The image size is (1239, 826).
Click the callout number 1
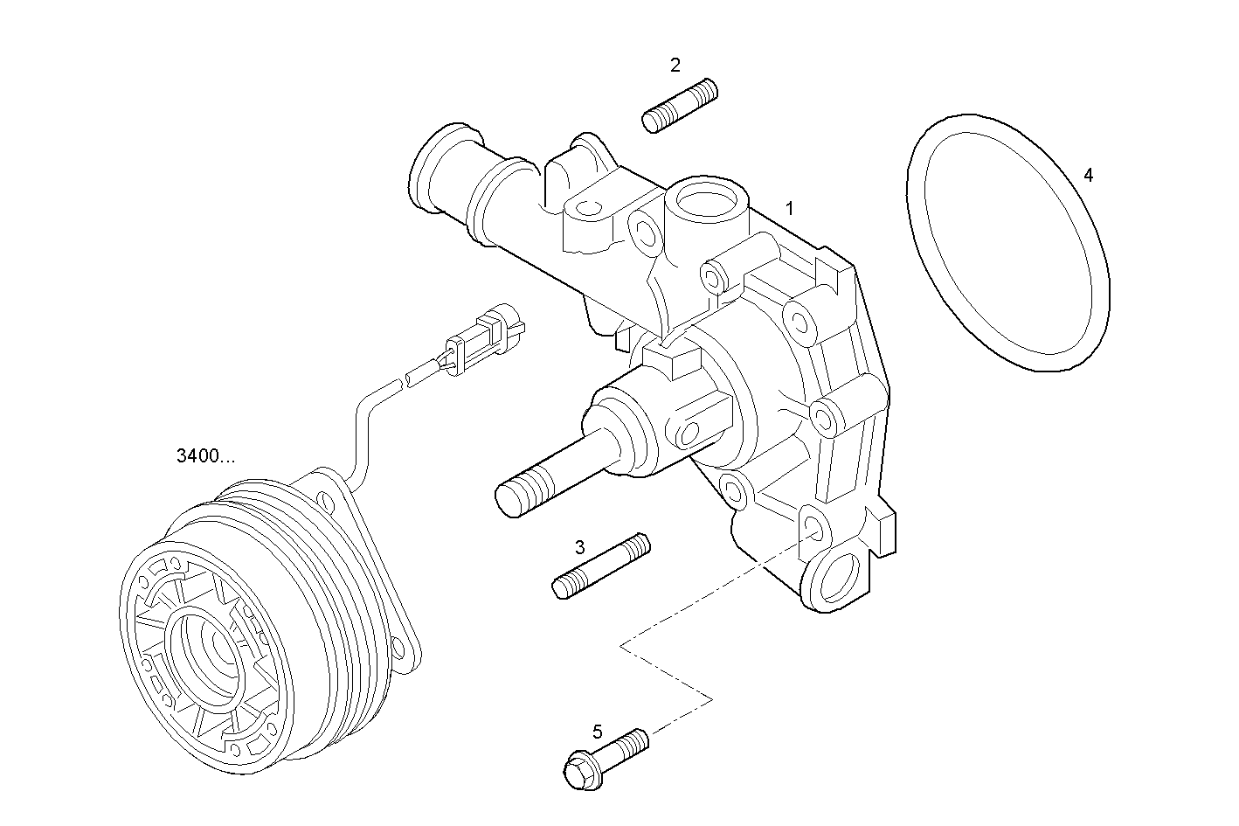789,209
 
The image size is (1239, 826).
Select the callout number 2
675,65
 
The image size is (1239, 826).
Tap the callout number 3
579,548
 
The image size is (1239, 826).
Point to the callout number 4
1088,175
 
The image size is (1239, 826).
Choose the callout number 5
597,732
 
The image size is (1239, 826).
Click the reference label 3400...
205,455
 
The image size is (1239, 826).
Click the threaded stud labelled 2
680,106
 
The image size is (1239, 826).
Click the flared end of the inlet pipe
437,170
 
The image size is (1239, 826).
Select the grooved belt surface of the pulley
332,612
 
